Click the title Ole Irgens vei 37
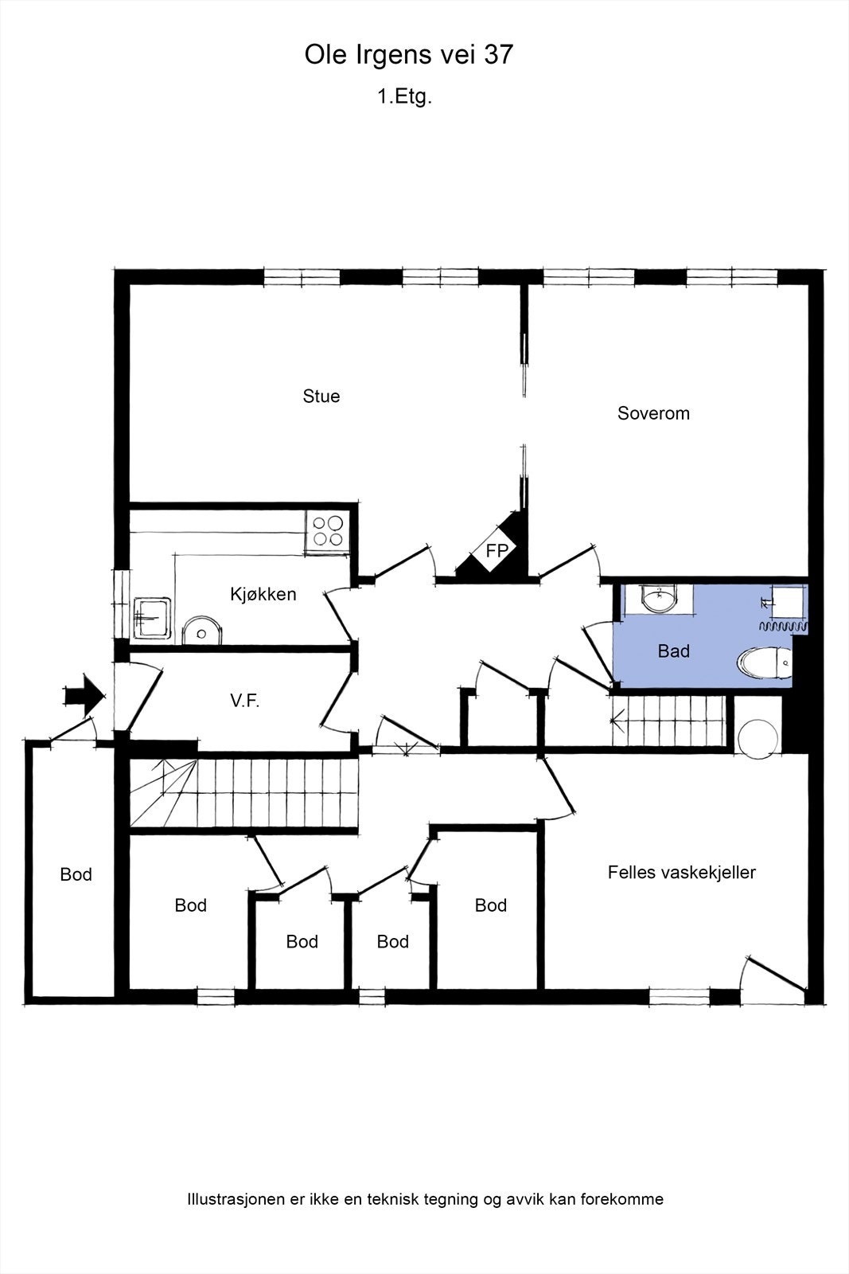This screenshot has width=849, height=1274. [409, 55]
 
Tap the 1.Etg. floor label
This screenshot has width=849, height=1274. [404, 97]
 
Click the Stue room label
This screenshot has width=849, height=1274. [321, 396]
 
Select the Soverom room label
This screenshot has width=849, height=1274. [653, 413]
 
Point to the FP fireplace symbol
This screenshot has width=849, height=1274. [496, 549]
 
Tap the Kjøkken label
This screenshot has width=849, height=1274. [263, 594]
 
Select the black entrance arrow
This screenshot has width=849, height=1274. [84, 694]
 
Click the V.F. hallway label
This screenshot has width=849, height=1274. [244, 701]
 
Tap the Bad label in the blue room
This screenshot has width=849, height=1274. [673, 651]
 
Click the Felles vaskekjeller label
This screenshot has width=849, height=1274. [681, 872]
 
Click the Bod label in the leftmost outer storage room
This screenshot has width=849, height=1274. [76, 874]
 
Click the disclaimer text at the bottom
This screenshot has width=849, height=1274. [425, 1199]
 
